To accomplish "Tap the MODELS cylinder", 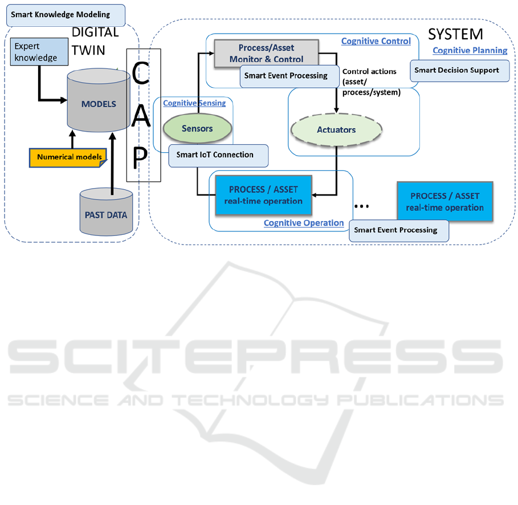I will click(99, 104).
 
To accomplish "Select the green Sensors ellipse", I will click(197, 129).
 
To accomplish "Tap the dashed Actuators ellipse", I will click(336, 129).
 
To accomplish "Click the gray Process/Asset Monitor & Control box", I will click(266, 54).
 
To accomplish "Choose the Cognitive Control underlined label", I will click(376, 41).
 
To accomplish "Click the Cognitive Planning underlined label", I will click(470, 50).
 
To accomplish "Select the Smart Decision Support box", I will click(459, 70).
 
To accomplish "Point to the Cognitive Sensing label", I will click(194, 103).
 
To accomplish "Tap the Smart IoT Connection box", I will click(219, 155).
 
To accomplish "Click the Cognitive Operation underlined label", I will click(304, 223).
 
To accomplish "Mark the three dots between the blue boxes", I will click(362, 205).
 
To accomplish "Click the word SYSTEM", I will click(455, 34).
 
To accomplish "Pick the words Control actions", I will click(369, 72).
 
